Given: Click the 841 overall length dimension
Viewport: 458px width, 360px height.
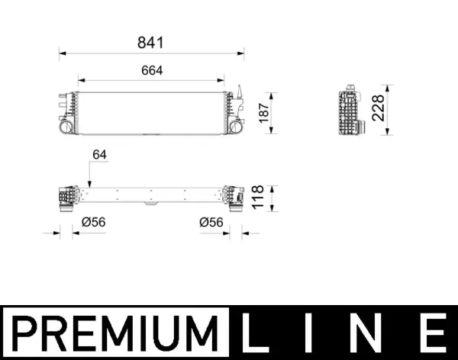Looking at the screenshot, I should tap(151, 43).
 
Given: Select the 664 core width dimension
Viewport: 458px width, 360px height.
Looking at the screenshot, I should tap(151, 69).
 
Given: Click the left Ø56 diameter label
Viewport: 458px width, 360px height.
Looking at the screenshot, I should tap(93, 223).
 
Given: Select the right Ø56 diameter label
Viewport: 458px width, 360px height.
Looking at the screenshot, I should tap(211, 223).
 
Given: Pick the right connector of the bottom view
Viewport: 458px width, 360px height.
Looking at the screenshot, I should tap(235, 198).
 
